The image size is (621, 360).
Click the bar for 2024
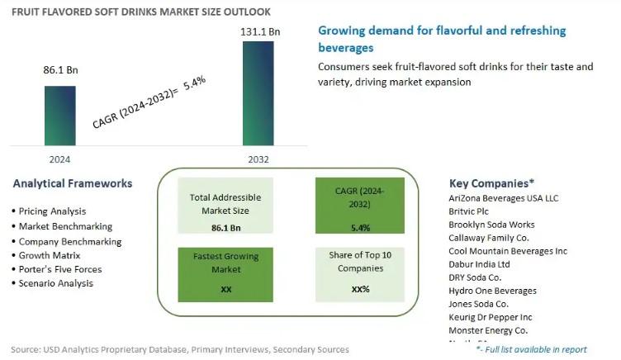[59, 115]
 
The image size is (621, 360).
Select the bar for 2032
[257, 93]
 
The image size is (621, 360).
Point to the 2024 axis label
[59, 159]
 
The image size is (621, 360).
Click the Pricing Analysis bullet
[51, 211]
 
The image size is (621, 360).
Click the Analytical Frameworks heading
[73, 183]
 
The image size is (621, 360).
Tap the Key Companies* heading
[491, 183]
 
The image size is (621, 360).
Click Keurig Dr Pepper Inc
[490, 317]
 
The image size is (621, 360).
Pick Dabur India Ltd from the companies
[479, 264]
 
